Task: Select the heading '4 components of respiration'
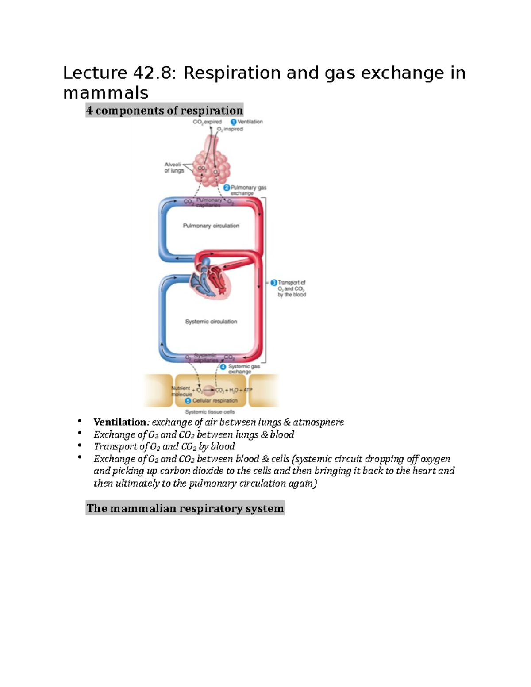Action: (x=165, y=110)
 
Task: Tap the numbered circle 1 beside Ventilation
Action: (x=233, y=122)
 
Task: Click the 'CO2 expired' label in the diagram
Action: (x=207, y=122)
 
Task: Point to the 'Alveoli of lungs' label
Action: (x=174, y=167)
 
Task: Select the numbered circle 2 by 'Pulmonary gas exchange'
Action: (x=227, y=188)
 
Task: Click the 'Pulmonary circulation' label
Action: (x=211, y=226)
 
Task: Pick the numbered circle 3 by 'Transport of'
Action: (x=274, y=282)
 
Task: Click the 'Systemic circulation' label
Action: (x=211, y=322)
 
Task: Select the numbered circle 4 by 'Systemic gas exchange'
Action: (x=223, y=367)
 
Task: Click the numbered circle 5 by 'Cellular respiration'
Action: (x=188, y=401)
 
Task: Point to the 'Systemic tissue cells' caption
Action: (x=210, y=412)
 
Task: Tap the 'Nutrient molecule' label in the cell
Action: (x=181, y=391)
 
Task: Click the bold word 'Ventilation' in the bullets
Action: (x=119, y=422)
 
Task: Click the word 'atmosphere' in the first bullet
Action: (x=318, y=422)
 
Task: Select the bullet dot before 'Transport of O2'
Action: (x=80, y=445)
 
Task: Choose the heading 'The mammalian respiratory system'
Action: (x=185, y=508)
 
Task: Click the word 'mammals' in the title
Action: (x=106, y=93)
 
